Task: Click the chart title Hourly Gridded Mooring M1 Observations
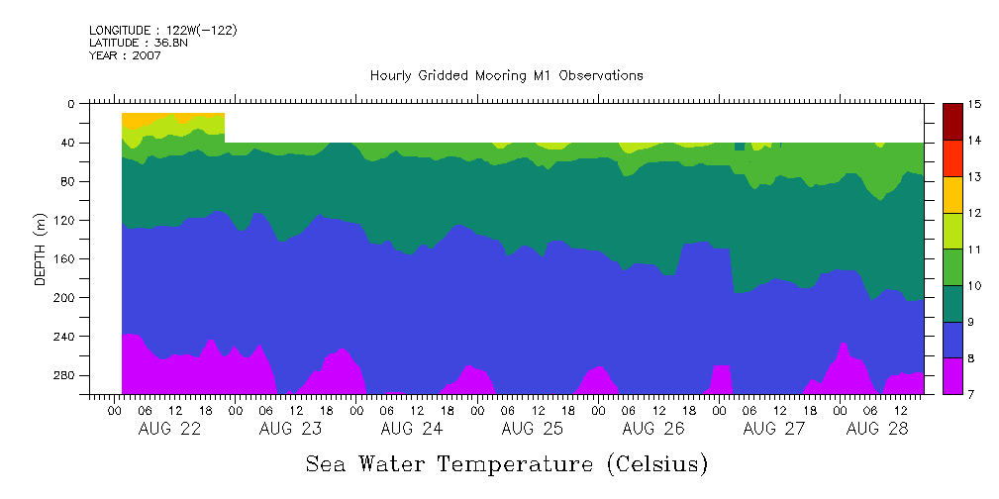coord(506,75)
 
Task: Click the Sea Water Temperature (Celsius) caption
coord(506,463)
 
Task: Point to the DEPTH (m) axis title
coord(41,249)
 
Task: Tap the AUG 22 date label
coord(170,429)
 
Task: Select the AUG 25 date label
coord(532,429)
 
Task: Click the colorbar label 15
coord(974,104)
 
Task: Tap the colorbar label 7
coord(974,394)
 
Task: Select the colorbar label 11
coord(974,249)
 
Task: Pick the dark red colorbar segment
coord(953,122)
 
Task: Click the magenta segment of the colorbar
coord(953,375)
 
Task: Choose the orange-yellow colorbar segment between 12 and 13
coord(953,194)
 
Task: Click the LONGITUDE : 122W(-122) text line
coord(162,30)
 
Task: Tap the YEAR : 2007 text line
coord(125,55)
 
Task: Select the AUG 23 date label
coord(290,429)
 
